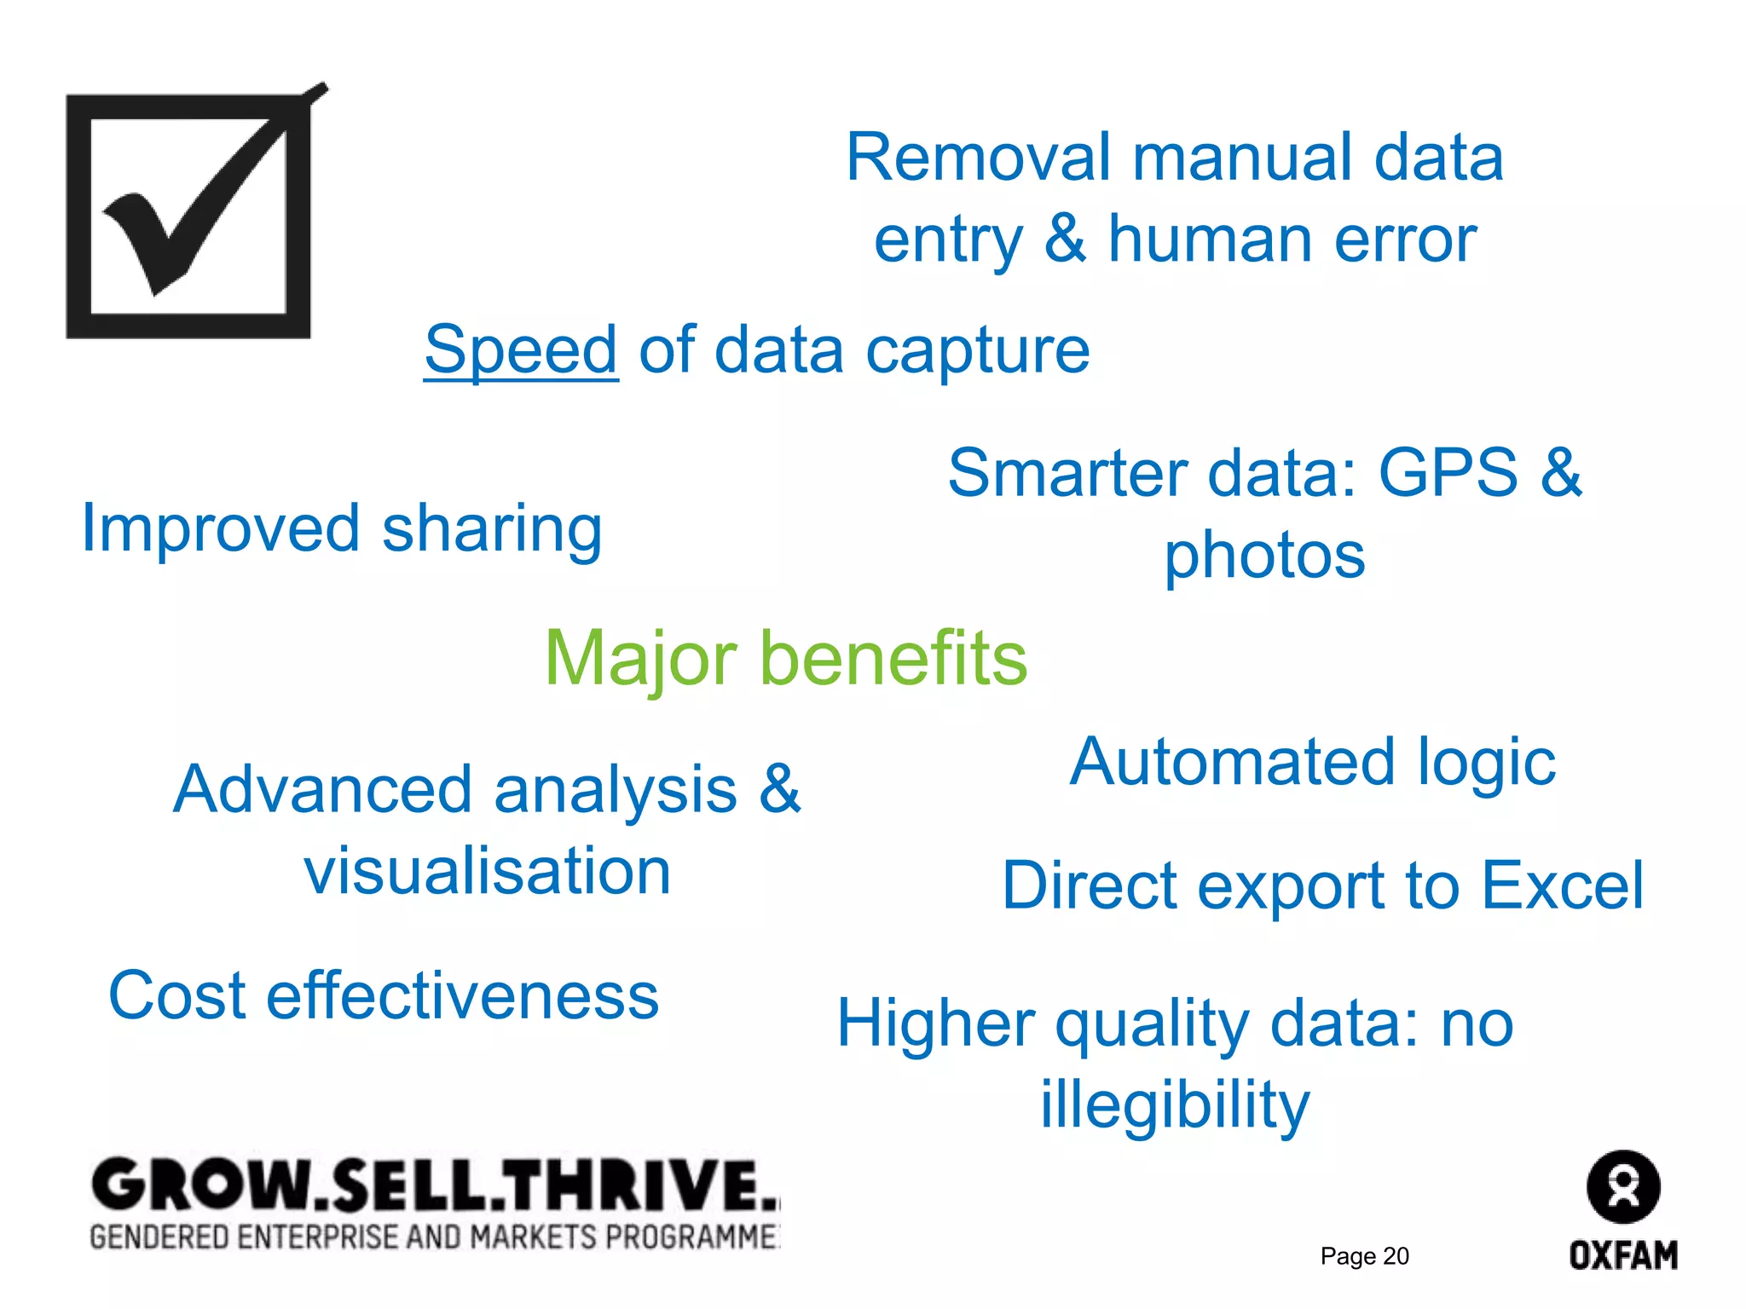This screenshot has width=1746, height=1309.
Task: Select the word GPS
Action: (1448, 473)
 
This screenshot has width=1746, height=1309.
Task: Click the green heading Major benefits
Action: (785, 658)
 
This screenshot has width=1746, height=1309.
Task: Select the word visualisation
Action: (488, 872)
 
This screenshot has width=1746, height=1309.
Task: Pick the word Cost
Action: (177, 995)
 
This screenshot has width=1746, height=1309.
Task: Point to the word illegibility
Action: (1175, 1105)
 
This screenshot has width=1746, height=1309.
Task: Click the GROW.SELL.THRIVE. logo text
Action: (435, 1185)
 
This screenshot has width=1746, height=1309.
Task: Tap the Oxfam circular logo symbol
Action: (1622, 1187)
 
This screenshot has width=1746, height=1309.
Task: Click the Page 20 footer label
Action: (1364, 1256)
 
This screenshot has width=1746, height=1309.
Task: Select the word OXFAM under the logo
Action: (1623, 1255)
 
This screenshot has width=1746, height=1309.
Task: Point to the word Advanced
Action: (321, 790)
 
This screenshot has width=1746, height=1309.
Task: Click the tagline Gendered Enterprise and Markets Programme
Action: (435, 1237)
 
